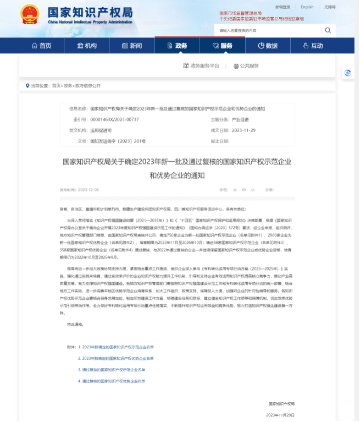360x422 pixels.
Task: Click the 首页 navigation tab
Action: click(42, 46)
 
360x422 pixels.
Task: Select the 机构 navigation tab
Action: click(87, 46)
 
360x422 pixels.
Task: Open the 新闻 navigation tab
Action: click(132, 46)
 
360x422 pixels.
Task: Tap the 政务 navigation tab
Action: click(177, 46)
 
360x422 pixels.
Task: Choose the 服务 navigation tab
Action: click(222, 46)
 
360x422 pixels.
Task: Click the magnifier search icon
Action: click(328, 31)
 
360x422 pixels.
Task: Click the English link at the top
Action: click(307, 7)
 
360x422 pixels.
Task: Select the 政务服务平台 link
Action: click(201, 66)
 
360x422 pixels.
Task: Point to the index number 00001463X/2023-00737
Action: click(114, 119)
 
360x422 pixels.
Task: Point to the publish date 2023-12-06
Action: click(88, 190)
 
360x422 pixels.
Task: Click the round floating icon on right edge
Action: click(347, 73)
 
